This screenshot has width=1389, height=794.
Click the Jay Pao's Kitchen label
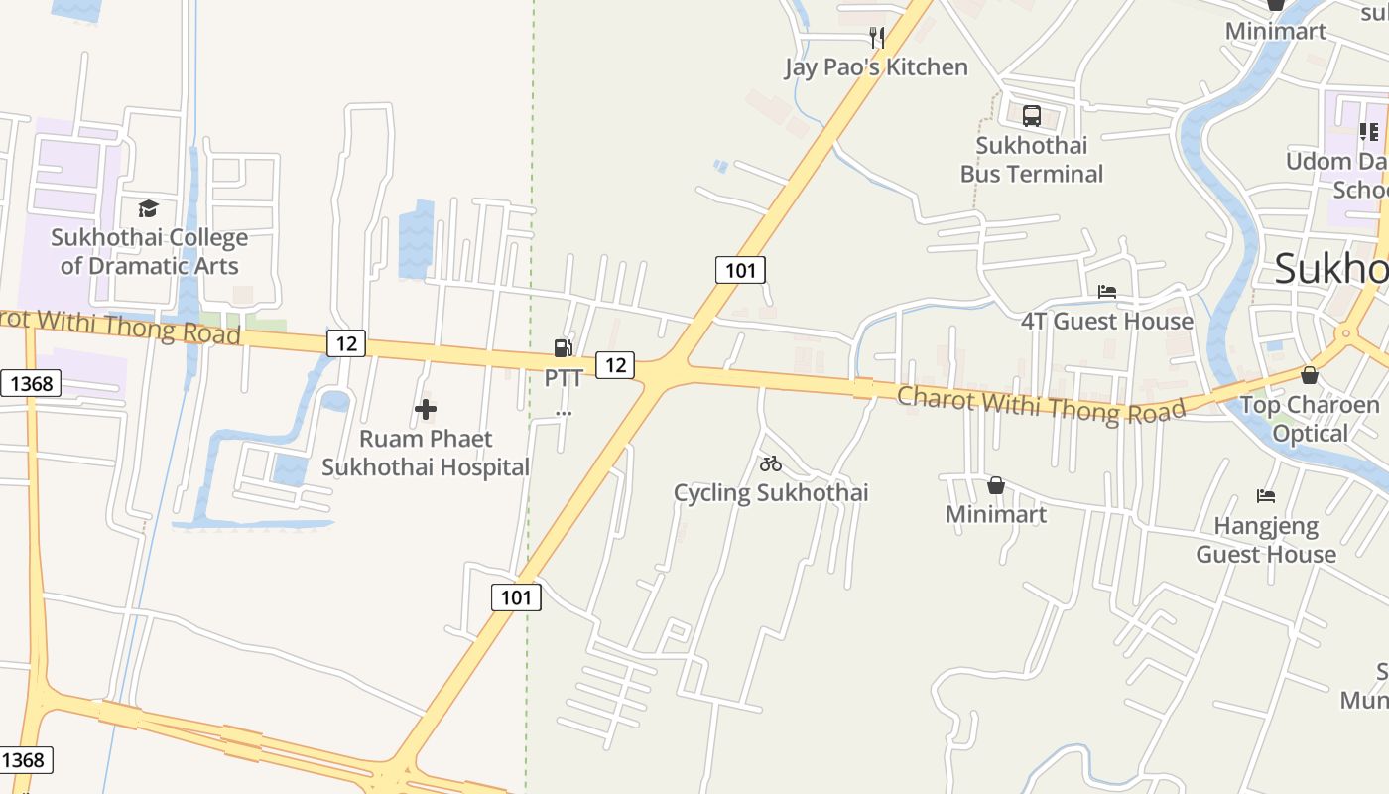(x=876, y=66)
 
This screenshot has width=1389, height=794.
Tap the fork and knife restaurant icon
(x=876, y=38)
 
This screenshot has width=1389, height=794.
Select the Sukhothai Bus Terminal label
(x=1032, y=160)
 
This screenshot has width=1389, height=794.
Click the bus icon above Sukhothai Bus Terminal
(x=1032, y=116)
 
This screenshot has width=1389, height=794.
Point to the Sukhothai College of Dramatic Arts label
(x=150, y=251)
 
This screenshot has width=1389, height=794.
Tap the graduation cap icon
(x=148, y=208)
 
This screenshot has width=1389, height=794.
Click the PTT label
(x=564, y=378)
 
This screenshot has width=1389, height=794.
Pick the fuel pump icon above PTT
(x=563, y=347)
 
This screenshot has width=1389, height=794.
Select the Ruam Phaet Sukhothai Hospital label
(x=426, y=453)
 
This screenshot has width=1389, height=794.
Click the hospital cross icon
(x=426, y=409)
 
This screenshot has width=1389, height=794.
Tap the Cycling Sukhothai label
(x=771, y=493)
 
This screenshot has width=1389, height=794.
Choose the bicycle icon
(x=771, y=463)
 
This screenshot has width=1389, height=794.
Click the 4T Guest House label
(x=1107, y=321)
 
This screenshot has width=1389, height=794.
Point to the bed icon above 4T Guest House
(x=1107, y=292)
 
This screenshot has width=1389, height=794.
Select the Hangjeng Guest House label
(x=1266, y=540)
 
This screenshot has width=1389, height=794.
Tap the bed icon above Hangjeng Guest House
(x=1265, y=495)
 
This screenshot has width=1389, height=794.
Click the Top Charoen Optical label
(x=1310, y=419)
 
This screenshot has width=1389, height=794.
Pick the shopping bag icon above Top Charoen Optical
(x=1310, y=375)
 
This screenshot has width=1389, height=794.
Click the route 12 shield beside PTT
(x=615, y=364)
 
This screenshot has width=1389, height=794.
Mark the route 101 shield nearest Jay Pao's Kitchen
(x=740, y=269)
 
